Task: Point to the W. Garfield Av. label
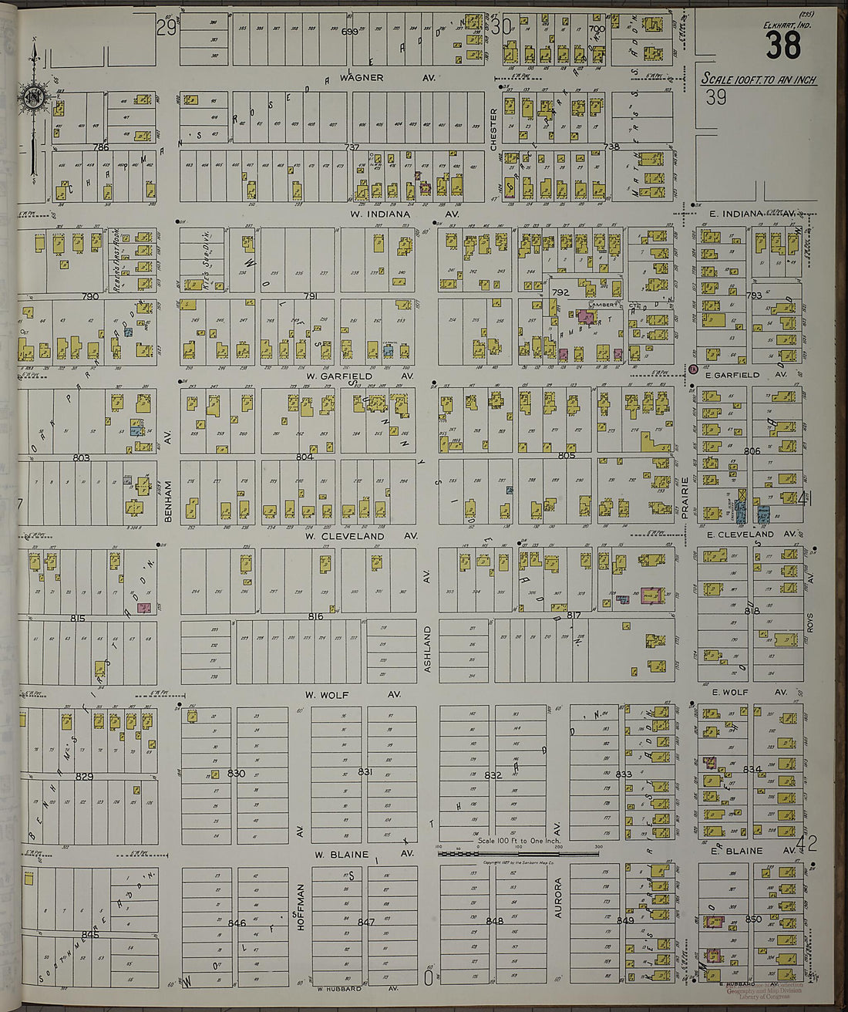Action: tap(360, 376)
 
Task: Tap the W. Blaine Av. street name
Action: tap(363, 854)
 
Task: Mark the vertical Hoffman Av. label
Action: tap(301, 907)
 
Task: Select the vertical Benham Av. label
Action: tap(167, 503)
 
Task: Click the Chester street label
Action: tap(493, 124)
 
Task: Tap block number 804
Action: tap(305, 457)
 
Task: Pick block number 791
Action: tap(310, 296)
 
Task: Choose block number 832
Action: tap(493, 774)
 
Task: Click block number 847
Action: tap(365, 922)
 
